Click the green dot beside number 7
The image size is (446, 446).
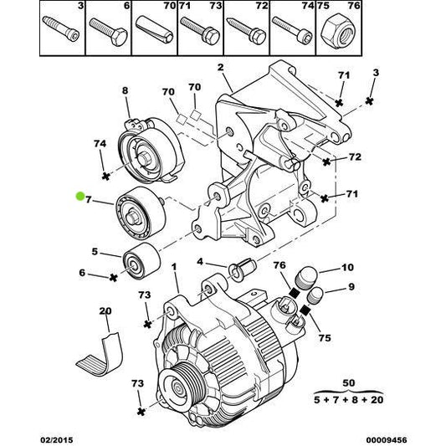[79, 197]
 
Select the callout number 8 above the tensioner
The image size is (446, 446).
[125, 90]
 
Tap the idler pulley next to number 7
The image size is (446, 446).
[137, 214]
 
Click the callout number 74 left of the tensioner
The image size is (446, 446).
[100, 144]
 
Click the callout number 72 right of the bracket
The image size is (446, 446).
[354, 156]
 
